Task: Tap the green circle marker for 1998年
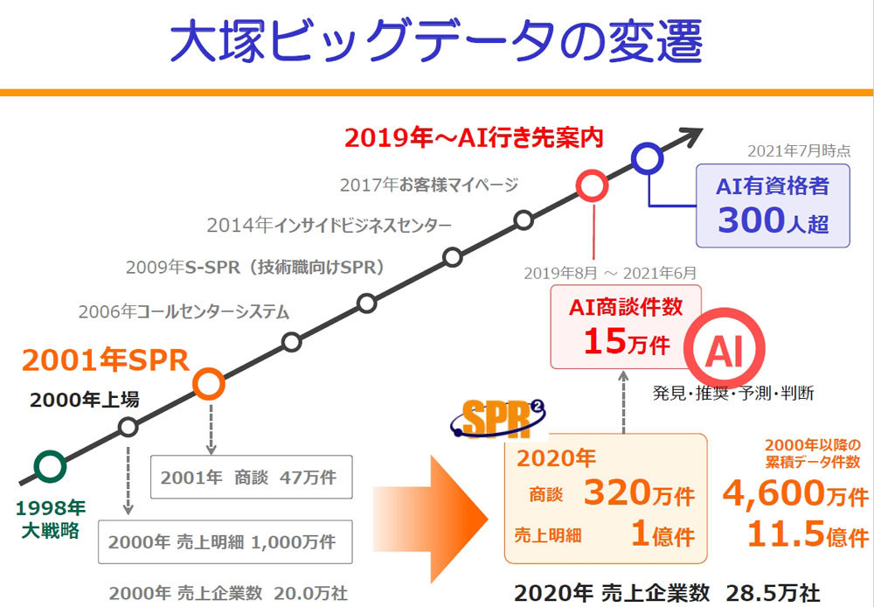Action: point(51,466)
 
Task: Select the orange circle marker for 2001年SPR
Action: point(209,382)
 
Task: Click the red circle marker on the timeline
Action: point(593,185)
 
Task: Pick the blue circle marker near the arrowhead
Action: point(646,157)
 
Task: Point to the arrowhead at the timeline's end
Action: point(690,136)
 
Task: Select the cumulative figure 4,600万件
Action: point(794,496)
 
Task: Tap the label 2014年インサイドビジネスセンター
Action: point(329,225)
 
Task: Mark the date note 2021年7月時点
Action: point(799,150)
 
